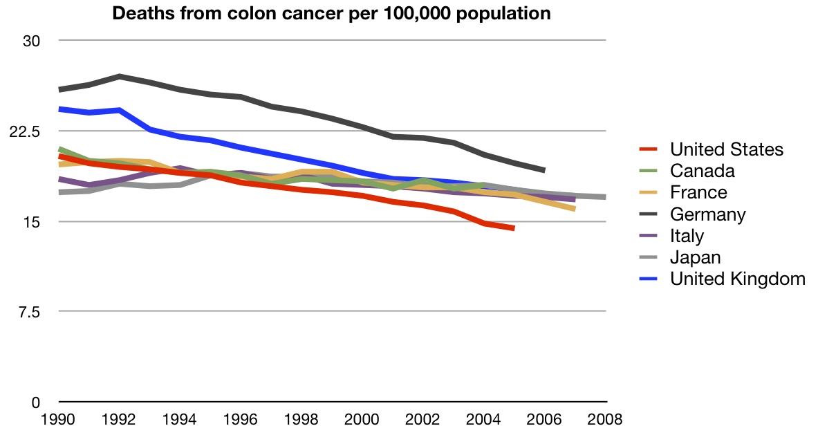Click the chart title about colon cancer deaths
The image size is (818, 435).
click(x=332, y=13)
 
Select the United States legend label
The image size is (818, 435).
click(x=726, y=149)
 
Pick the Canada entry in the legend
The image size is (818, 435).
click(x=702, y=171)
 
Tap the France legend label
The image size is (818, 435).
click(x=698, y=192)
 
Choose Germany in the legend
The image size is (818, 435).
click(x=707, y=214)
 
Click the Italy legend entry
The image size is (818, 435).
click(x=687, y=236)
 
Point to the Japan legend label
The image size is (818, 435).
click(x=695, y=257)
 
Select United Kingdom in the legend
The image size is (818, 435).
click(x=738, y=279)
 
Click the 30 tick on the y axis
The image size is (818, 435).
click(x=32, y=41)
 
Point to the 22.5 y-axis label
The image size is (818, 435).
click(x=27, y=131)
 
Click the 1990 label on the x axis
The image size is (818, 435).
click(x=59, y=419)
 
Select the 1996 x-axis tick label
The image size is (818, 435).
click(x=241, y=419)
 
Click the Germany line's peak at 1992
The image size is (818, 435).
click(x=120, y=76)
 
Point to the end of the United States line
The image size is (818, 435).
click(x=514, y=228)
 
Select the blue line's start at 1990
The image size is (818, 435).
click(x=60, y=109)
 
